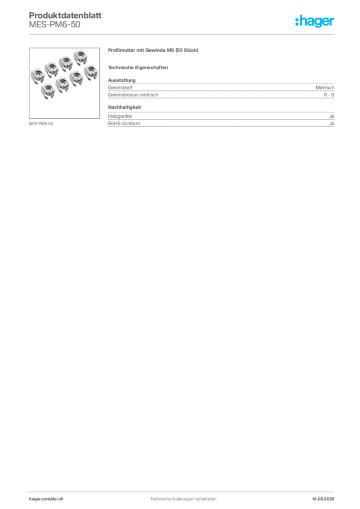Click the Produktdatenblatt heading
tap(65, 15)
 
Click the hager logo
tap(315, 21)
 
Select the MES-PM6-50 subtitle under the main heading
tap(55, 25)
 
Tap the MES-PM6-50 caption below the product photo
tap(41, 124)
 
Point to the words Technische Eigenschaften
tap(138, 68)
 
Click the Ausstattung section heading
tap(122, 80)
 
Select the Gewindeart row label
tap(120, 87)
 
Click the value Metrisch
tap(325, 87)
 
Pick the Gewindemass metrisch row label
tap(133, 95)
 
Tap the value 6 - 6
tap(329, 95)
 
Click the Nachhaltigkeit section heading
tap(125, 107)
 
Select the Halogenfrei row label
tap(120, 116)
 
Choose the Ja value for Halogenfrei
tap(332, 116)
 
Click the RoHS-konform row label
tap(124, 124)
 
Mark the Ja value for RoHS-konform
tap(332, 124)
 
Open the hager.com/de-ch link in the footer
tap(46, 499)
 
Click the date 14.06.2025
tap(323, 499)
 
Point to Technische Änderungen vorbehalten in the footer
tap(183, 499)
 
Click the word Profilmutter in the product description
tap(121, 50)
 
